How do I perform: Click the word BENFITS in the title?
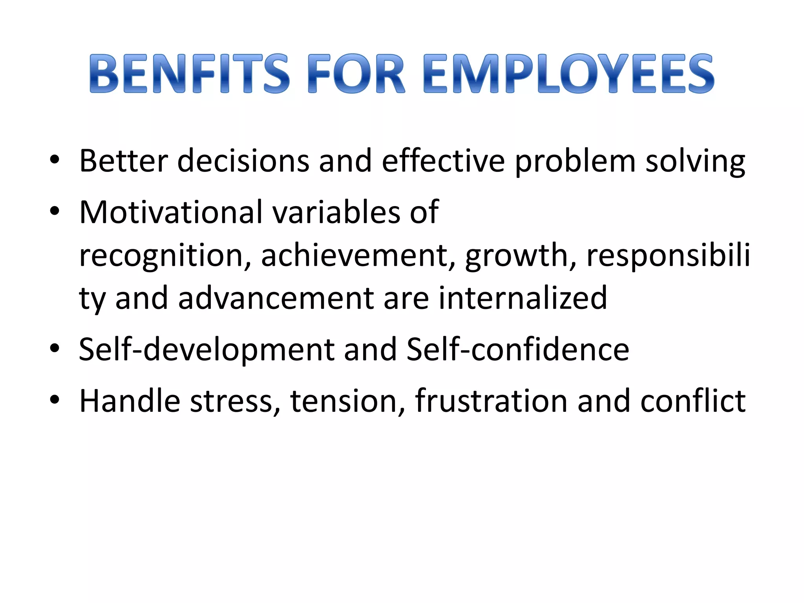pyautogui.click(x=190, y=74)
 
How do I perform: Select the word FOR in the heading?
pyautogui.click(x=356, y=74)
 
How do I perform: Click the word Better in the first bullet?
pyautogui.click(x=123, y=161)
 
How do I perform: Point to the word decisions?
pyautogui.click(x=243, y=161)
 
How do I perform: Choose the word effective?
pyautogui.click(x=443, y=161)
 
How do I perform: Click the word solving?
pyautogui.click(x=695, y=161)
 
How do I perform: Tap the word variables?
pyautogui.click(x=336, y=212)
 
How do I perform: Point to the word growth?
pyautogui.click(x=521, y=256)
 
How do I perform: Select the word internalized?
pyautogui.click(x=523, y=298)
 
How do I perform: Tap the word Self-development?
pyautogui.click(x=206, y=349)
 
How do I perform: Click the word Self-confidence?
pyautogui.click(x=518, y=349)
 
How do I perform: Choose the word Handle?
pyautogui.click(x=130, y=401)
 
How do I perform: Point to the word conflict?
pyautogui.click(x=693, y=401)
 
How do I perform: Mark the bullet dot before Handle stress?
pyautogui.click(x=55, y=400)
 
